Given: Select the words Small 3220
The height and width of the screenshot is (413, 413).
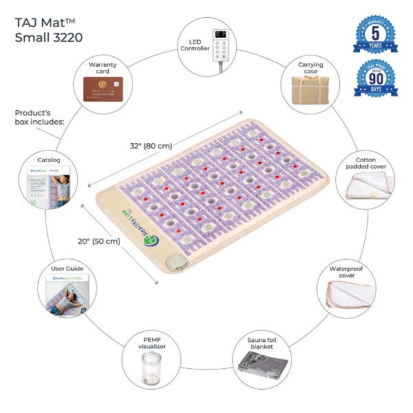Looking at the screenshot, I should (x=48, y=37).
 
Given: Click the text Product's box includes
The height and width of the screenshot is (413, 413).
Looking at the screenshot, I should (x=38, y=118).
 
